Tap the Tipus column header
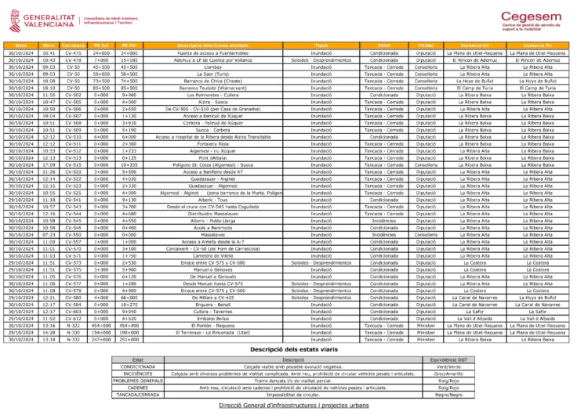tap(321, 45)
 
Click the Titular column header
tap(425, 45)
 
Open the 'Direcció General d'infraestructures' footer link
tap(293, 406)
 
